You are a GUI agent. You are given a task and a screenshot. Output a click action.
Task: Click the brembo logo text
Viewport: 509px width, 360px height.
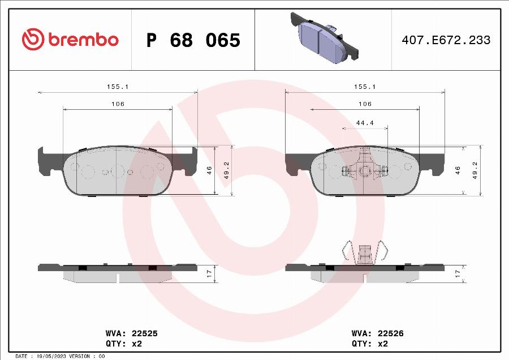(83, 40)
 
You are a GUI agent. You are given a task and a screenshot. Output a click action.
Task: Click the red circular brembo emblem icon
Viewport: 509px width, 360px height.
(32, 40)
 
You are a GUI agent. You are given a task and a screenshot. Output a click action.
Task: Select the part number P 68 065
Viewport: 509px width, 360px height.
(193, 40)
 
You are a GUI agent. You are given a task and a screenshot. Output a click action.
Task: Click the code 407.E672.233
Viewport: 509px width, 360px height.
(446, 40)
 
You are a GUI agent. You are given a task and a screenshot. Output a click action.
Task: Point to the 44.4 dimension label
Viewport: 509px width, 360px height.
(365, 123)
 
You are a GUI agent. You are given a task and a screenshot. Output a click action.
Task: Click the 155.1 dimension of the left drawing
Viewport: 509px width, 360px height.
(118, 87)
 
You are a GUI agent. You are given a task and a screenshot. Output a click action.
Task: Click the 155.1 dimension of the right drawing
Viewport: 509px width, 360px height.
(365, 87)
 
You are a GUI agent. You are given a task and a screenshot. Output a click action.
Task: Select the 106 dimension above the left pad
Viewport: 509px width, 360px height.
(118, 104)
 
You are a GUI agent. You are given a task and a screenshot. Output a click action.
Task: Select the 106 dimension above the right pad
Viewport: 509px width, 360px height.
(365, 104)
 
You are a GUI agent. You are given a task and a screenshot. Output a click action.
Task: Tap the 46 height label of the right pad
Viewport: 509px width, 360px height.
(458, 170)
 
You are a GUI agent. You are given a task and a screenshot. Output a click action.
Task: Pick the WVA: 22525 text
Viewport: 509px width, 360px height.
(131, 334)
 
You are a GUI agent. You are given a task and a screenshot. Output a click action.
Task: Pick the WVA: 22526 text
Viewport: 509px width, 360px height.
(377, 334)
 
